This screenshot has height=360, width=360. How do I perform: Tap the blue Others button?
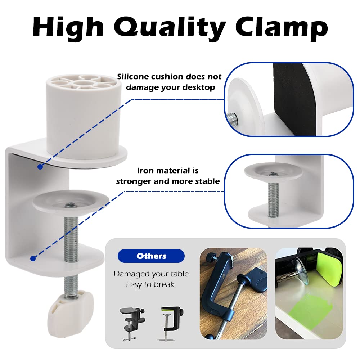pyautogui.click(x=151, y=256)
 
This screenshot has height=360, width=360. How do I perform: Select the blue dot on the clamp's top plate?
pyautogui.click(x=40, y=167)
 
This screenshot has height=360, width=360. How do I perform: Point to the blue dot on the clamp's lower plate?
pyautogui.click(x=33, y=258)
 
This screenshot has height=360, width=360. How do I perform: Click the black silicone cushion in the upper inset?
pyautogui.click(x=288, y=99)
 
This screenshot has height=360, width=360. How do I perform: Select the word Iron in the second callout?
pyautogui.click(x=145, y=171)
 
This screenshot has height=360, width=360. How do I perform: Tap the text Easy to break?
pyautogui.click(x=150, y=284)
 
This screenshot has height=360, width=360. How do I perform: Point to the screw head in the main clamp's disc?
pyautogui.click(x=71, y=206)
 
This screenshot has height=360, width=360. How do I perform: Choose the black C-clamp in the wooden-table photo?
pyautogui.click(x=220, y=288)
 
